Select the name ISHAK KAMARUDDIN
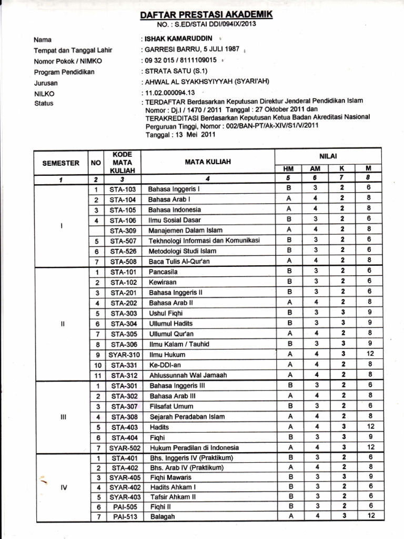[178, 39]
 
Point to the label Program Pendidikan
[64, 72]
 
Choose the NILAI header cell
[328, 156]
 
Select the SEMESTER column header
[61, 163]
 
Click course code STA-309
[123, 230]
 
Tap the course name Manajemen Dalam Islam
[185, 230]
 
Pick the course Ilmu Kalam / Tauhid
[179, 344]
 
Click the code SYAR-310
[124, 354]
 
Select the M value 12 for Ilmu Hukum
[370, 354]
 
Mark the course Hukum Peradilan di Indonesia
[194, 447]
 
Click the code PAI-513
[125, 516]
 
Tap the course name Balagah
[162, 516]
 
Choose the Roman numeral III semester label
[62, 416]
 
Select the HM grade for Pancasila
[289, 272]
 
